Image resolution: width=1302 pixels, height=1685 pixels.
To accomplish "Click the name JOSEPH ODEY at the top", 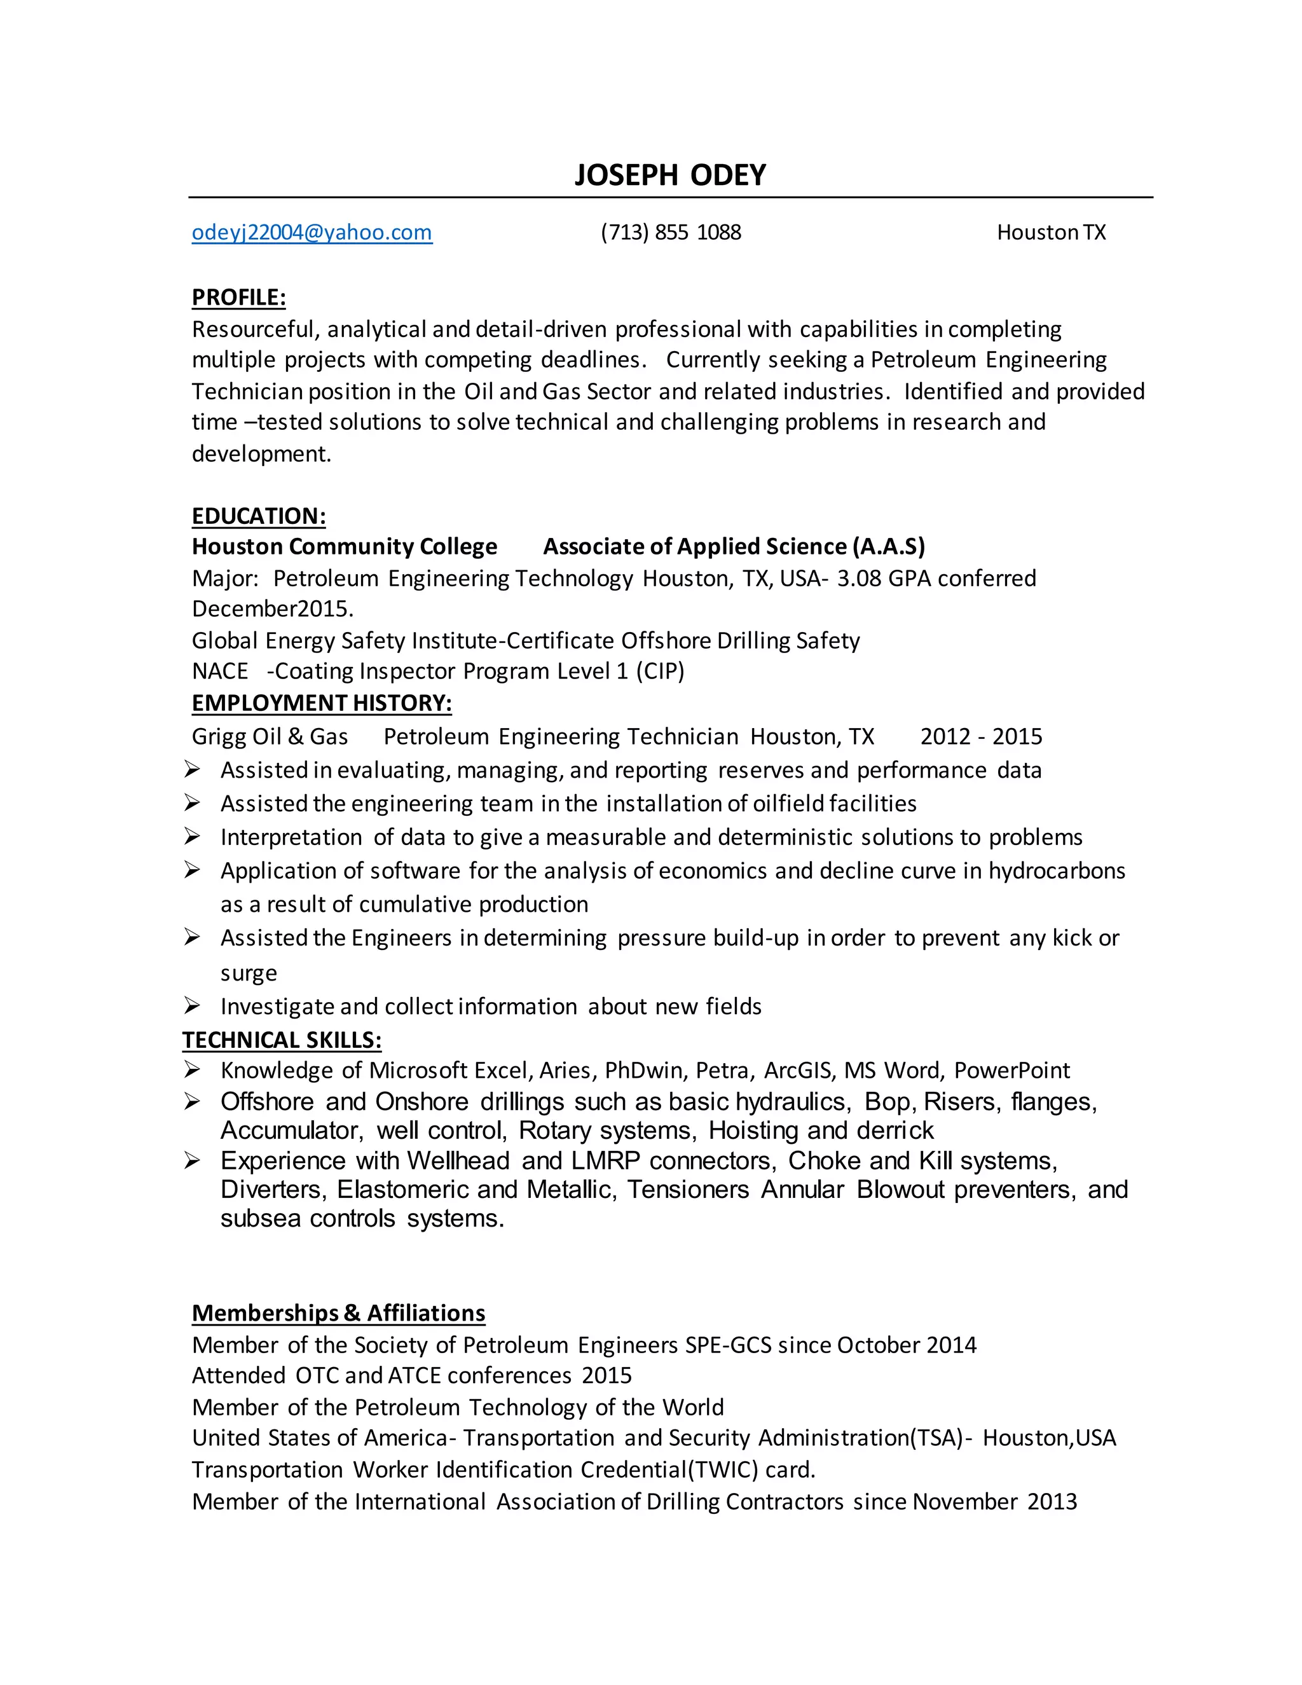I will pyautogui.click(x=669, y=175).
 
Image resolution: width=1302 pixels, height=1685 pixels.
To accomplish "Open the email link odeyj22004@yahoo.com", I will pyautogui.click(x=312, y=232).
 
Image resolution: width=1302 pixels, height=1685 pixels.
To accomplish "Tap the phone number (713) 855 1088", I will pyautogui.click(x=670, y=232).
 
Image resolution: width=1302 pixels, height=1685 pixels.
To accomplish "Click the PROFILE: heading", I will pyautogui.click(x=238, y=297).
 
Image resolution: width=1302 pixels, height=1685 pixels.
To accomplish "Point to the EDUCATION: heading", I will pyautogui.click(x=258, y=516).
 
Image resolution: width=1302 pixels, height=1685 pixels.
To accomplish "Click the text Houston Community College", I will pyautogui.click(x=344, y=546).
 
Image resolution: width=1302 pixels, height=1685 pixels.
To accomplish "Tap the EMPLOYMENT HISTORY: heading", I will pyautogui.click(x=322, y=703).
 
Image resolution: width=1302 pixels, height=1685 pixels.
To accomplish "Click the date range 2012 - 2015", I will pyautogui.click(x=980, y=736).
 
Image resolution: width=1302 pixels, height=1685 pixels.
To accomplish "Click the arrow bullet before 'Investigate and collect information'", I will pyautogui.click(x=192, y=1005).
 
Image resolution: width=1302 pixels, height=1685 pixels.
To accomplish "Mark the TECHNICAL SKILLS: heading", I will pyautogui.click(x=282, y=1040).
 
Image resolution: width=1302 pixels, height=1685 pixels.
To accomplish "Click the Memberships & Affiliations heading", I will pyautogui.click(x=338, y=1312).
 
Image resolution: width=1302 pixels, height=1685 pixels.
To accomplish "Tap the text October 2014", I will pyautogui.click(x=907, y=1345).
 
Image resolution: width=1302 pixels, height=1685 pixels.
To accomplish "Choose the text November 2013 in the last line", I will pyautogui.click(x=994, y=1501).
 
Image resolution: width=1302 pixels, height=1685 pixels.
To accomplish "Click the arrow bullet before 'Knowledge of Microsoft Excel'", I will pyautogui.click(x=192, y=1069).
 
